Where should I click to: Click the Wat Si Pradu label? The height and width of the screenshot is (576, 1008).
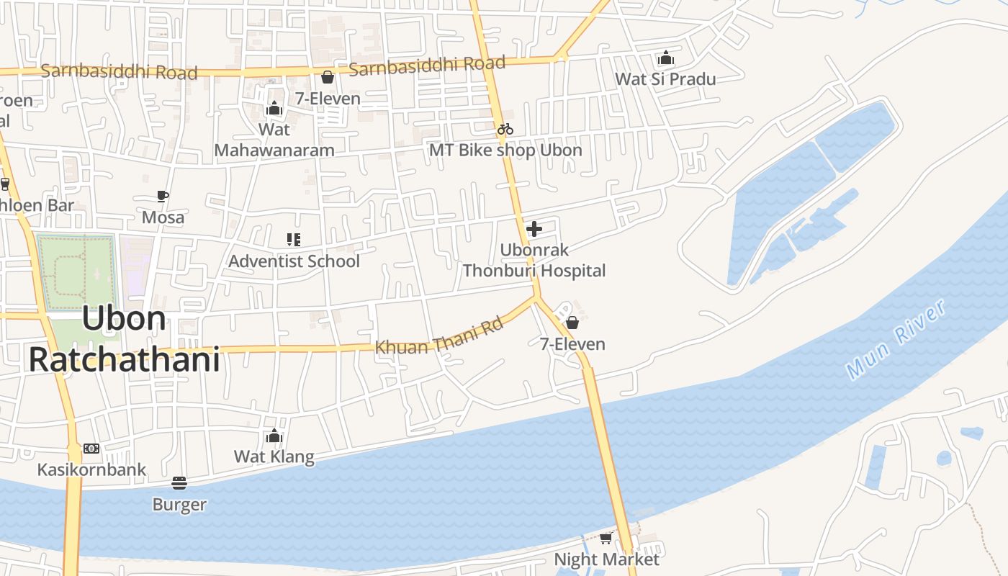click(665, 78)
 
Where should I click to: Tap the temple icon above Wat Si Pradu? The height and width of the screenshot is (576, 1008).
click(666, 58)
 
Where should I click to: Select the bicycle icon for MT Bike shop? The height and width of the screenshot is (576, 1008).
click(505, 129)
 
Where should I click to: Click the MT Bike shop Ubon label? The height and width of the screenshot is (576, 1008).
click(505, 150)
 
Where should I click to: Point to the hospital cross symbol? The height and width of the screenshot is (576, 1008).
click(534, 229)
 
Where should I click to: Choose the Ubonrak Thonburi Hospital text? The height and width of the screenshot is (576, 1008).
click(534, 261)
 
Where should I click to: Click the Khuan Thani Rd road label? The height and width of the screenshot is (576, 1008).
click(438, 336)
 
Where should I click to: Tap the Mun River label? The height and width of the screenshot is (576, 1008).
click(896, 339)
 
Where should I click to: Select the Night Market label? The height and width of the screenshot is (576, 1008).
click(606, 559)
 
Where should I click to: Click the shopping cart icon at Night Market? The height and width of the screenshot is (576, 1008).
click(606, 538)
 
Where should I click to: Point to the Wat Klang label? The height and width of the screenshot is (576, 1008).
click(274, 456)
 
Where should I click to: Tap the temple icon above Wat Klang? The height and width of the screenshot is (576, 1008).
click(274, 436)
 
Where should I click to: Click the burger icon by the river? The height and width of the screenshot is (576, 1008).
click(179, 483)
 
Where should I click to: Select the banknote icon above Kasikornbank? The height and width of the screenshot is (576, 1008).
click(91, 448)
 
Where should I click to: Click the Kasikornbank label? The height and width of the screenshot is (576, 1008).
click(91, 469)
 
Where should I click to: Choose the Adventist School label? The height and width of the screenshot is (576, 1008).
click(294, 261)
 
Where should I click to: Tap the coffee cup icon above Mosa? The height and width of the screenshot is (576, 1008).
click(163, 196)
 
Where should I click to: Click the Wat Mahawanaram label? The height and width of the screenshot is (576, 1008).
click(274, 140)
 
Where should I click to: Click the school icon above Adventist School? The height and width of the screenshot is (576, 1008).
click(293, 239)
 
